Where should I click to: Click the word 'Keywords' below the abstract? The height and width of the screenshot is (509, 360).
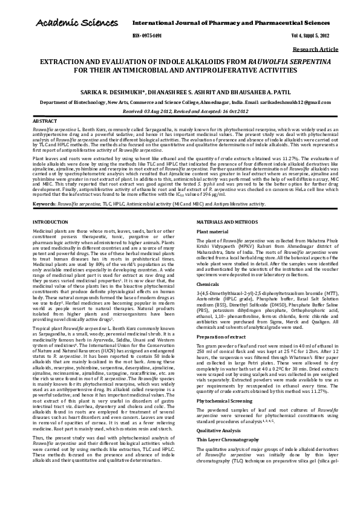point(44,187)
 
